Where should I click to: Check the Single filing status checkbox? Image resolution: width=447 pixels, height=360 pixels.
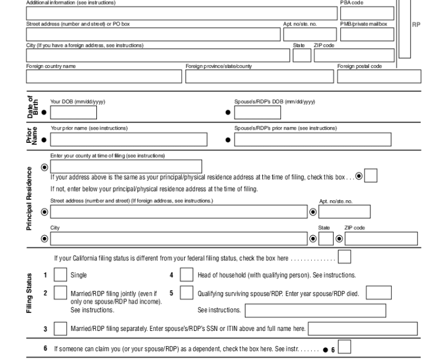tap(60, 275)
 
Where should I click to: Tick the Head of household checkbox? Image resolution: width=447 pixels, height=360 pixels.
tap(187, 275)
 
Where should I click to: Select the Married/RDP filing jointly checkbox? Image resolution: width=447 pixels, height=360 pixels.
tap(60, 293)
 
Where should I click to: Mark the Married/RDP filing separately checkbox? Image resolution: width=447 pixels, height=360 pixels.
tap(60, 329)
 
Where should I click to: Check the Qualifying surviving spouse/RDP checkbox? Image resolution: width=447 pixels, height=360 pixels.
tap(187, 293)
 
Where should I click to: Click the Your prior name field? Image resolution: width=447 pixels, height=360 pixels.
tap(128, 139)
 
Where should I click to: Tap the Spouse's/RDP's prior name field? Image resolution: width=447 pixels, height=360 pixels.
tap(326, 139)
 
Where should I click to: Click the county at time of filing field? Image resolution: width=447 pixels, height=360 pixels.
tap(126, 167)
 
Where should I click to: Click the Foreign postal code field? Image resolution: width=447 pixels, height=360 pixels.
tap(379, 77)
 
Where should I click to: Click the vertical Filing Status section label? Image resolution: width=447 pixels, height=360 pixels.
tap(29, 294)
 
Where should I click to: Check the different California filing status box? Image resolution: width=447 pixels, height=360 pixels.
tap(344, 257)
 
